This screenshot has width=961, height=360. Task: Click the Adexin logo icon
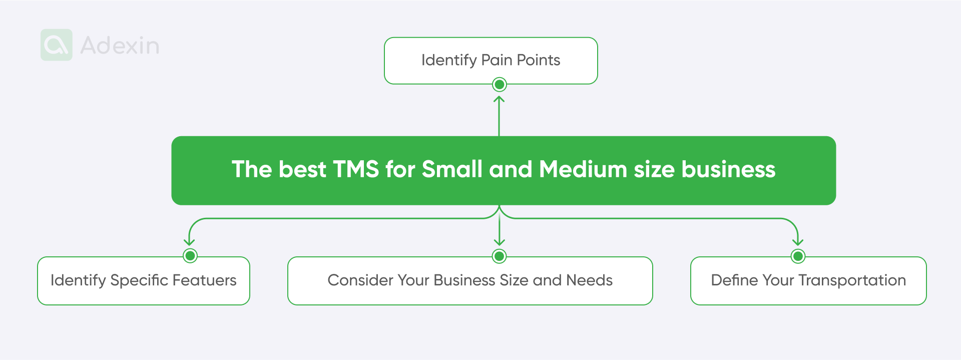coord(57,45)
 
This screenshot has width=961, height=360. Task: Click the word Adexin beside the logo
coord(120,46)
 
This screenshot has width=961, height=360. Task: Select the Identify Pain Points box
coord(491,61)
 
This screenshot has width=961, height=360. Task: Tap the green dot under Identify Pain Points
coord(499,85)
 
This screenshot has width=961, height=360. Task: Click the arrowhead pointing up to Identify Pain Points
coord(499,99)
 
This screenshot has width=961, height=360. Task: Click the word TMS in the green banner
coord(356,169)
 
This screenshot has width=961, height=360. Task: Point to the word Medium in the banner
coord(583,169)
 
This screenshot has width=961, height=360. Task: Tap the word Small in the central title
coord(452,169)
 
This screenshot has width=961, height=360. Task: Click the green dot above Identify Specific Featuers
coord(190,256)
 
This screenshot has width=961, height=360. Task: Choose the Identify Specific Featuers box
coord(144,281)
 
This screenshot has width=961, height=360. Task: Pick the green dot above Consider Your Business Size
coord(499,256)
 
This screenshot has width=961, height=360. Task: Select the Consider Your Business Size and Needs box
coord(470,281)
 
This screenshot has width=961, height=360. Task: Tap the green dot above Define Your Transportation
coord(798,256)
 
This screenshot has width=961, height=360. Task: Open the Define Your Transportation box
coord(808,281)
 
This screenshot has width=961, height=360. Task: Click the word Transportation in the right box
coord(852,280)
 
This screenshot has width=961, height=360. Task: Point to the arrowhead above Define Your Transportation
coord(798,242)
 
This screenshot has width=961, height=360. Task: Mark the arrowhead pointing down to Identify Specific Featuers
coord(189,242)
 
